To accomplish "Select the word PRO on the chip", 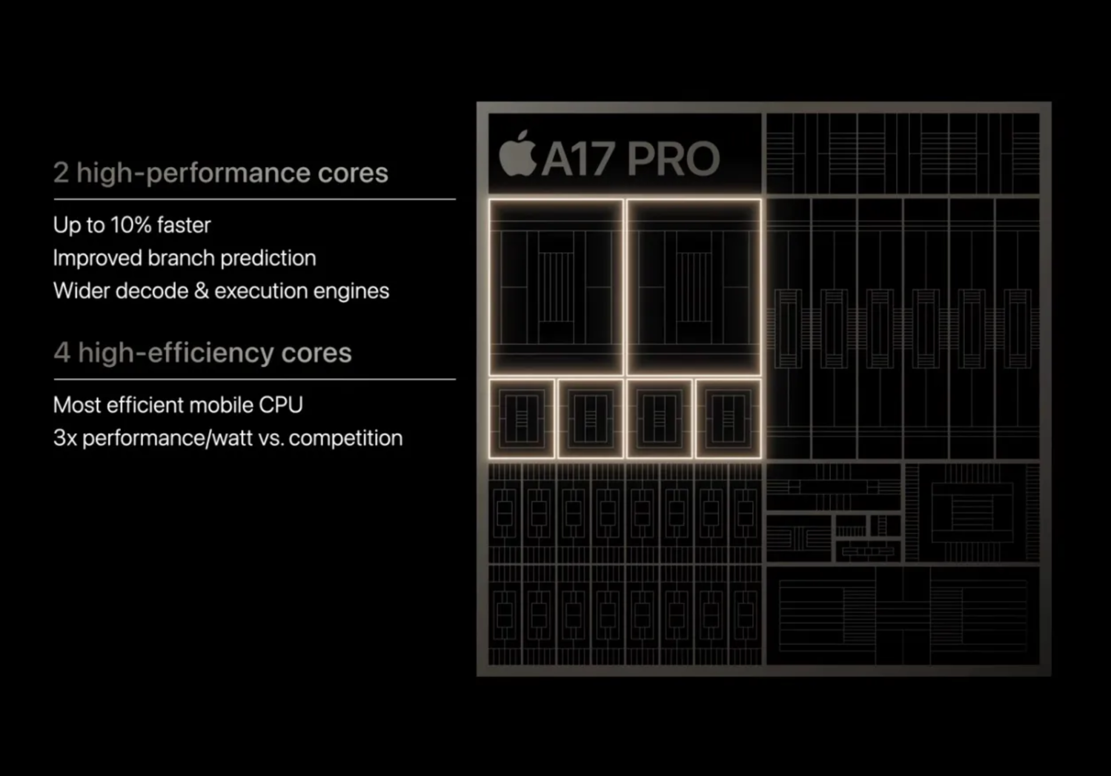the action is click(x=673, y=158).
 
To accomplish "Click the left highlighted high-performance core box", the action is click(x=556, y=287).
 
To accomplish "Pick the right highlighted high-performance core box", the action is click(x=694, y=287).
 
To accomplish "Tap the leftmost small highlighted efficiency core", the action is click(x=522, y=419).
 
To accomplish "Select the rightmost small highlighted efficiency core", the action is click(x=728, y=419).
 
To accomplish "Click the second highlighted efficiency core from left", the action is click(x=590, y=419).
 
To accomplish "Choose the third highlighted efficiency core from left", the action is click(x=659, y=419).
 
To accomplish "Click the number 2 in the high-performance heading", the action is click(x=61, y=173).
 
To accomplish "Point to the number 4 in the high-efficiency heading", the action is click(x=62, y=353).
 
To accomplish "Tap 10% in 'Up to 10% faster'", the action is click(x=131, y=225).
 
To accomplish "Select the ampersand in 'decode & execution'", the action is click(x=201, y=291).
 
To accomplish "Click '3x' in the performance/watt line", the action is click(x=65, y=438).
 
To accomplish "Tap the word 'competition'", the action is click(x=346, y=438).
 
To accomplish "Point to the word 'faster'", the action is click(x=184, y=225).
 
